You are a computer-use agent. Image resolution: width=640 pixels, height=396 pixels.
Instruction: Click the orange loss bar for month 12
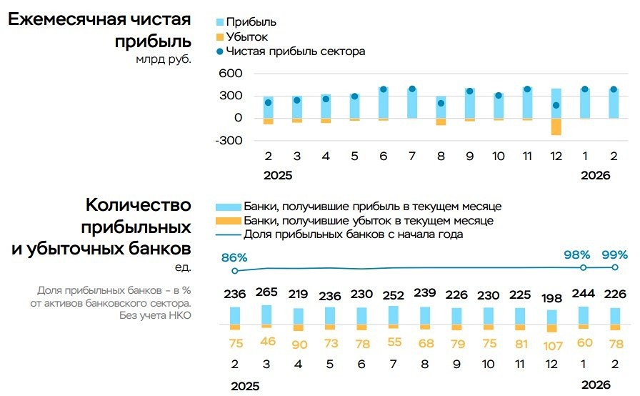pos(556,127)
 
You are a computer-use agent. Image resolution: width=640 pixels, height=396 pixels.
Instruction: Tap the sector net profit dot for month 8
pos(441,103)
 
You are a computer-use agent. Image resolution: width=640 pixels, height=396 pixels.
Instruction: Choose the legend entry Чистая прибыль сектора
pos(295,51)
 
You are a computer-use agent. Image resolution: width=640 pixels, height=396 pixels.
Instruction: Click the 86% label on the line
pos(234,257)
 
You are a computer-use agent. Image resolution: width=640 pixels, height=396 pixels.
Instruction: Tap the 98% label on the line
pos(576,254)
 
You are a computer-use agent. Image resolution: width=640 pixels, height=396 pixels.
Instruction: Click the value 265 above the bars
pos(266,293)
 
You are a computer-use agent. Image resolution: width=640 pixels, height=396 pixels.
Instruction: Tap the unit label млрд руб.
pos(164,60)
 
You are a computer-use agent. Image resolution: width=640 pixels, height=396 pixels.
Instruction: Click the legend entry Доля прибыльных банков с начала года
pos(353,234)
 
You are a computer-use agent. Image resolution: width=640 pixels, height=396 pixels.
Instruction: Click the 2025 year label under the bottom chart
pos(245,386)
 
